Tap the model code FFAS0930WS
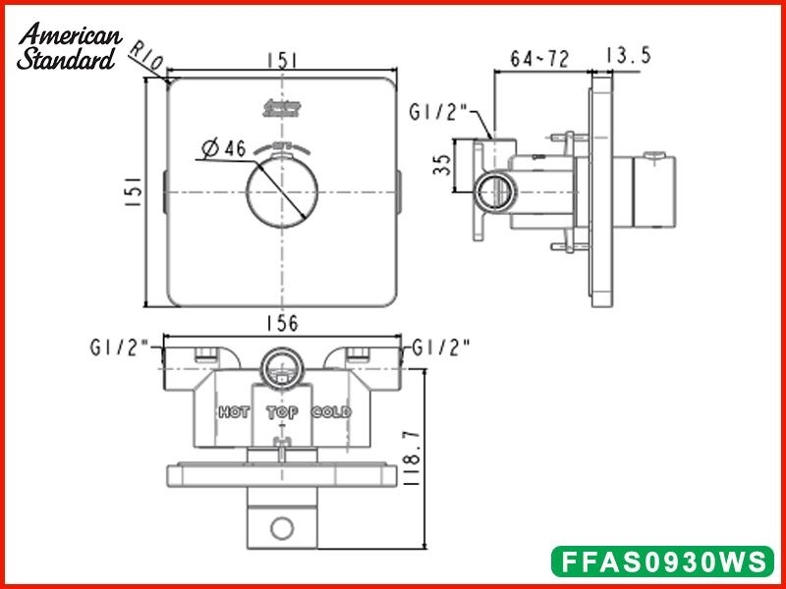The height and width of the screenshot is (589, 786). tap(661, 561)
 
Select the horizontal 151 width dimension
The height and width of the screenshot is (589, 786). tap(282, 60)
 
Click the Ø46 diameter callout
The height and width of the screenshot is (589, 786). tap(222, 148)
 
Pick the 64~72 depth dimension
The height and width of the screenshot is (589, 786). tap(539, 58)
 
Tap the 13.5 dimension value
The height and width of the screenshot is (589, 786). tap(628, 56)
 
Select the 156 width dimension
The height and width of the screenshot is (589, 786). tap(282, 323)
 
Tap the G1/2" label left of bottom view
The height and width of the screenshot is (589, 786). tap(118, 347)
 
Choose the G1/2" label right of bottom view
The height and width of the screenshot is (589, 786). tap(441, 347)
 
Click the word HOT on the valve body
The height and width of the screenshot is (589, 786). tap(234, 412)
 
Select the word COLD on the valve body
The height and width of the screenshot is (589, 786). tap(331, 412)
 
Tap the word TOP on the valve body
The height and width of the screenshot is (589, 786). tap(282, 412)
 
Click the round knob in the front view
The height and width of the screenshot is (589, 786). tap(282, 192)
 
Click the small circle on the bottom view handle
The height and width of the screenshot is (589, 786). tap(282, 530)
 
